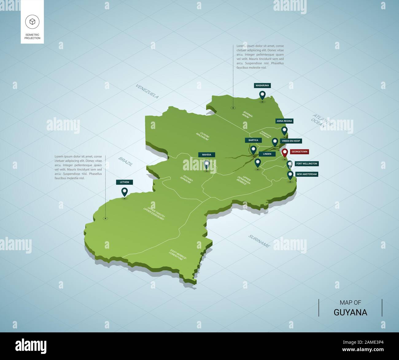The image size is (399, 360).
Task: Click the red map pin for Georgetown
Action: (285, 153)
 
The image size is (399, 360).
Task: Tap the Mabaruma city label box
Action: (262, 86)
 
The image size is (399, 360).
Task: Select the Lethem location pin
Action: (124, 192)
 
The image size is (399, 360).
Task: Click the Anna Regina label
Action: (284, 121)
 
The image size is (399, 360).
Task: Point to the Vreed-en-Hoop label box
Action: (291, 141)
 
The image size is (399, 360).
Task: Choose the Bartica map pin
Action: (253, 150)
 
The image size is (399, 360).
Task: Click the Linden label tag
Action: (267, 154)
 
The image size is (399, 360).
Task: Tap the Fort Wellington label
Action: (307, 164)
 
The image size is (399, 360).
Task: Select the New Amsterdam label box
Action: (307, 174)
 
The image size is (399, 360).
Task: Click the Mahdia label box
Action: (207, 155)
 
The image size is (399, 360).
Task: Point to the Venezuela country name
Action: (147, 91)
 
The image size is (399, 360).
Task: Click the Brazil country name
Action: (126, 161)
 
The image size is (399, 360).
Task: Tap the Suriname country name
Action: (259, 241)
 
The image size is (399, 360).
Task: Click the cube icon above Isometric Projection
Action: (32, 21)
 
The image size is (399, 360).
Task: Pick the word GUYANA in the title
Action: (350, 312)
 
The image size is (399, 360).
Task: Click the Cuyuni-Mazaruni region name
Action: (204, 136)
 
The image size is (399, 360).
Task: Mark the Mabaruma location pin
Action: (262, 95)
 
